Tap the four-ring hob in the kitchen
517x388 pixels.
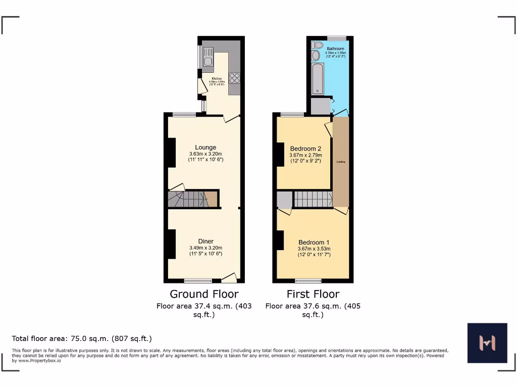(x=234, y=78)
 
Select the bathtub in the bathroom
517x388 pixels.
(x=317, y=79)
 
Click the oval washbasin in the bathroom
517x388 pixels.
(x=316, y=56)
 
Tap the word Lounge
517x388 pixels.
(x=206, y=148)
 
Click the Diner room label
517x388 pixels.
(x=205, y=241)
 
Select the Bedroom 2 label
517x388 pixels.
(x=305, y=149)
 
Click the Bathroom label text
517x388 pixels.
(x=335, y=48)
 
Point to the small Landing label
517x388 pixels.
(x=340, y=162)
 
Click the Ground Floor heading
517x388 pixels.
(x=204, y=294)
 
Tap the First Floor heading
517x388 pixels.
(x=313, y=294)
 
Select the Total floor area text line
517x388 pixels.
(x=82, y=338)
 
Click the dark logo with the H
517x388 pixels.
(x=487, y=343)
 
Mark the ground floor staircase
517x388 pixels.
(x=187, y=199)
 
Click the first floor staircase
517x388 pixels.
(x=313, y=199)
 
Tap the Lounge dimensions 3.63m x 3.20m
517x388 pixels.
(x=206, y=154)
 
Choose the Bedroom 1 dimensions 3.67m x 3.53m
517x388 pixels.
(x=314, y=249)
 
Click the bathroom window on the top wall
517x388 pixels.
(x=337, y=38)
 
